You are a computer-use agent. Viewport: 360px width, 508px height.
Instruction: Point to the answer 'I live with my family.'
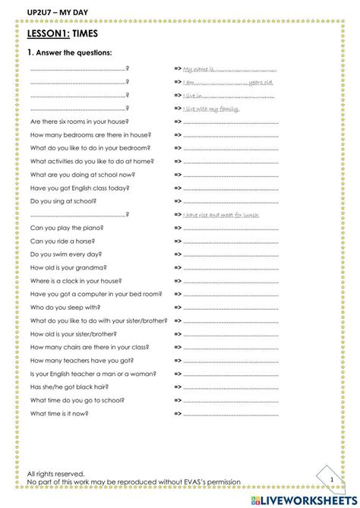(211, 109)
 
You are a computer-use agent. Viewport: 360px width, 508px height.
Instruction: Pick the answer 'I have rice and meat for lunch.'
(221, 215)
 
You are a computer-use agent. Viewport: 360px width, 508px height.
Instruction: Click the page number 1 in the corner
(331, 479)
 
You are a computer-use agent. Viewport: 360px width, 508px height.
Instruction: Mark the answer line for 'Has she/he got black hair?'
(231, 387)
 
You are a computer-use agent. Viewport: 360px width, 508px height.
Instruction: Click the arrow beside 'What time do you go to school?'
(178, 400)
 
